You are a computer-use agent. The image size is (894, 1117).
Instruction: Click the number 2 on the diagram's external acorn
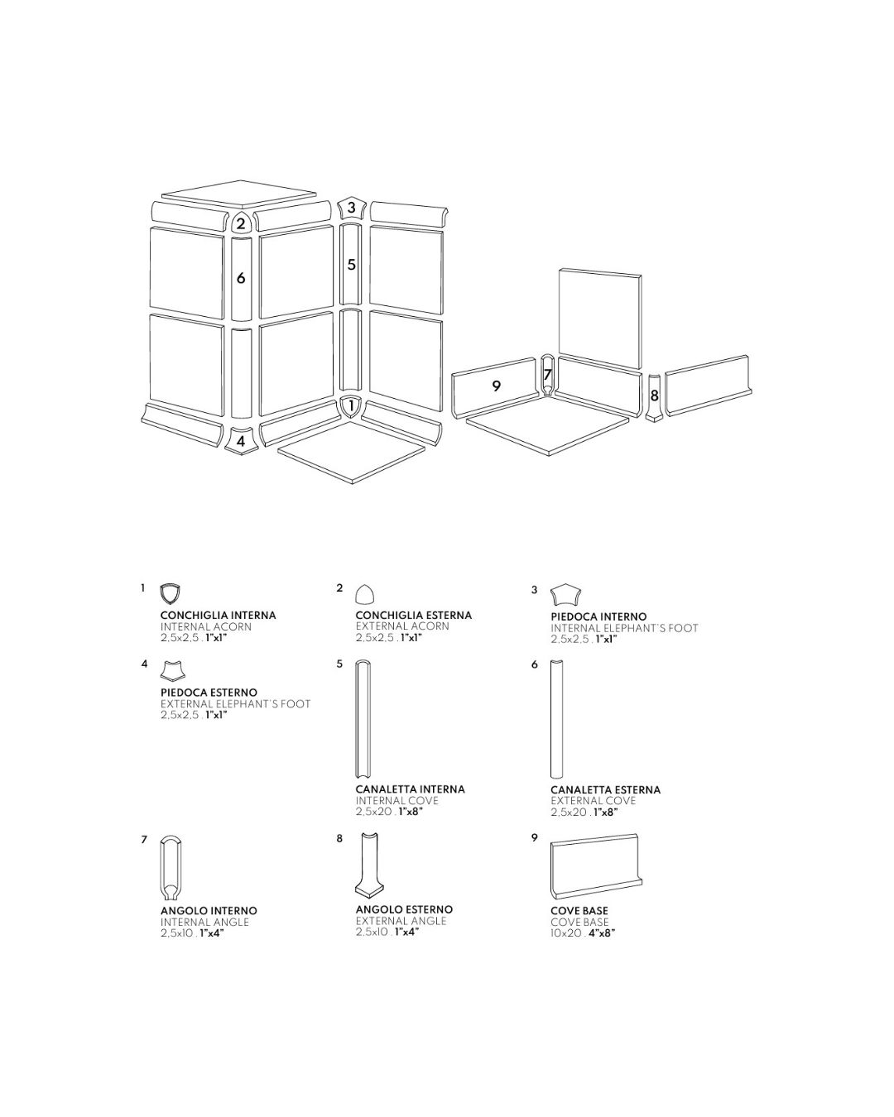pyautogui.click(x=240, y=223)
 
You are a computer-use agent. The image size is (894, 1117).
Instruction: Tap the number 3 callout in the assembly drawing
pyautogui.click(x=351, y=207)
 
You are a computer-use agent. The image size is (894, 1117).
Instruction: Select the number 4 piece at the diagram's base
pyautogui.click(x=241, y=441)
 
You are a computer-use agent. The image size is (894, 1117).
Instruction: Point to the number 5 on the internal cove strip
pyautogui.click(x=351, y=264)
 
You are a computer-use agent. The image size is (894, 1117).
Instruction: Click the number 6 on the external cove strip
pyautogui.click(x=241, y=278)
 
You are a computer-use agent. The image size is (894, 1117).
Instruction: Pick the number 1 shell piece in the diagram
pyautogui.click(x=351, y=405)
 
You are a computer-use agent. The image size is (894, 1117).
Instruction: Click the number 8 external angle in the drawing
pyautogui.click(x=654, y=396)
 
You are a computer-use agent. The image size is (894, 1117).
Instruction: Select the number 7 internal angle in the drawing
pyautogui.click(x=547, y=374)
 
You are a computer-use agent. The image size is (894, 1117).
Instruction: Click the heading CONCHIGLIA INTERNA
pyautogui.click(x=219, y=615)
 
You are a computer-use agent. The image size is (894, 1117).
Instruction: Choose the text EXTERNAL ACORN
pyautogui.click(x=402, y=626)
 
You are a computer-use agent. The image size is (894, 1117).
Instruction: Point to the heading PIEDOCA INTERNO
pyautogui.click(x=598, y=616)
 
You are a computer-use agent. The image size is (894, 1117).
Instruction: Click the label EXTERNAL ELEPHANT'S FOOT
pyautogui.click(x=235, y=704)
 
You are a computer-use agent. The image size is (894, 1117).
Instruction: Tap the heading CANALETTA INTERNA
pyautogui.click(x=410, y=789)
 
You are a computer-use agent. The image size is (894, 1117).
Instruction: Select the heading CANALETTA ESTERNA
pyautogui.click(x=606, y=789)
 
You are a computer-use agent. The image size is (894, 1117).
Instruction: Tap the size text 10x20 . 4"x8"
pyautogui.click(x=583, y=932)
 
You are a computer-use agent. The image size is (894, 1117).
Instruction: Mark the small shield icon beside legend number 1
pyautogui.click(x=170, y=593)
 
